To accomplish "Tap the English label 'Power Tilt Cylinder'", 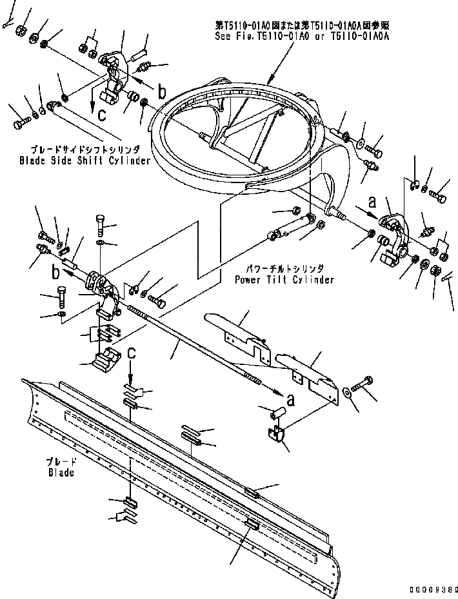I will (284, 280).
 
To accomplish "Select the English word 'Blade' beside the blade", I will (61, 473).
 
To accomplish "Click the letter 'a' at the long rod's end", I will (291, 400).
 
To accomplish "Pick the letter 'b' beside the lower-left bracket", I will (55, 266).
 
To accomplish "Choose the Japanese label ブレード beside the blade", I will (61, 462).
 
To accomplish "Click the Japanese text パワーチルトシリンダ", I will (284, 268).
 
